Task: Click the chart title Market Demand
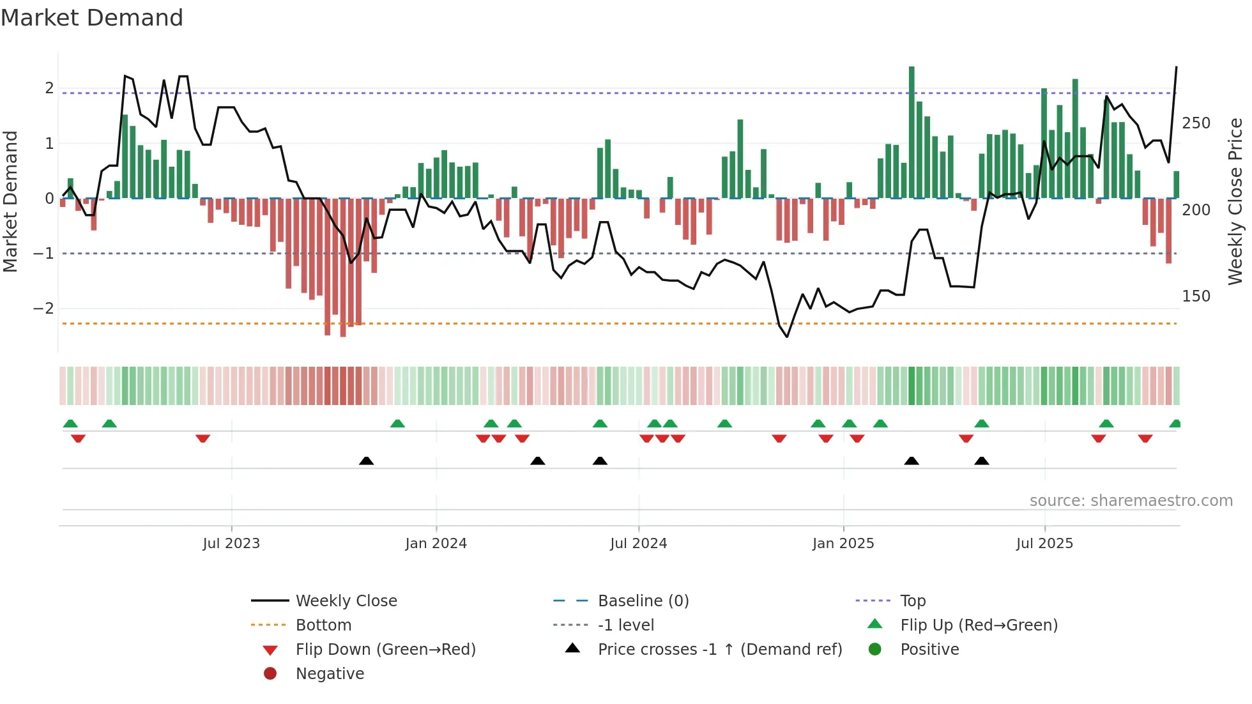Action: coord(92,18)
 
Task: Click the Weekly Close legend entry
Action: coord(346,601)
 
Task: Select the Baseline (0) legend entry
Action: coord(643,601)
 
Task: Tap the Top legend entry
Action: coord(912,601)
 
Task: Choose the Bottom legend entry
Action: coord(323,625)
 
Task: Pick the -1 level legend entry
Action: coord(625,625)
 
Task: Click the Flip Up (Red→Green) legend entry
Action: coord(979,625)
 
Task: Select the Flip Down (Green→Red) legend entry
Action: coord(385,649)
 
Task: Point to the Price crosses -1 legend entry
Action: coord(719,649)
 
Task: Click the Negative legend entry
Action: coord(330,673)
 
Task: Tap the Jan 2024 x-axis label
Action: coord(436,544)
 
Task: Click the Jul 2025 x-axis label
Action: coord(1044,544)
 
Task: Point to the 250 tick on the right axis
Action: coord(1196,123)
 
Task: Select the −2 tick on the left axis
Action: coord(43,309)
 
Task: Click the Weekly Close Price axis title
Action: coord(1235,201)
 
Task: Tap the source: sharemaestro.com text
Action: coord(1131,500)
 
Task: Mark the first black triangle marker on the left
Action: coord(366,461)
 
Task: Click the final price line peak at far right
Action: coord(1176,68)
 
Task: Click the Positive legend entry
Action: coord(929,649)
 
